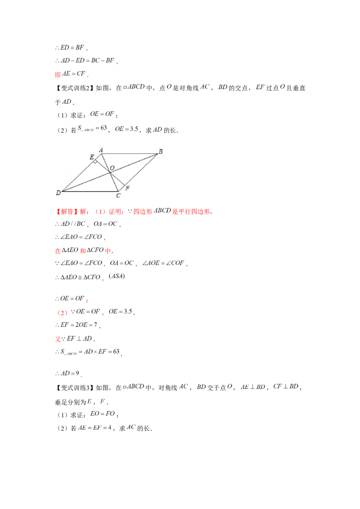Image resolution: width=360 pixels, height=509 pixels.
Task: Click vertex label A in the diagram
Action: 101,150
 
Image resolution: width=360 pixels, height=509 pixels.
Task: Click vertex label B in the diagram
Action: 161,151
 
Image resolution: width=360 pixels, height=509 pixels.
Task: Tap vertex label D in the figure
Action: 58,192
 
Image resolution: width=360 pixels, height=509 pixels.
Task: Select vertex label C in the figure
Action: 118,196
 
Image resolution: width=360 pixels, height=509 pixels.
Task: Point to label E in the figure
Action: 92,157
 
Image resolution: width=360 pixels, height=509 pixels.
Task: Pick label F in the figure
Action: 127,188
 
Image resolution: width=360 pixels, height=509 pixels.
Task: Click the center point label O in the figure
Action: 112,168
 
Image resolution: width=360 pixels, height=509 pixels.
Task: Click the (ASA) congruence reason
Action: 117,276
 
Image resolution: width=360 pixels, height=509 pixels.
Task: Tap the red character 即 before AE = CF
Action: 58,74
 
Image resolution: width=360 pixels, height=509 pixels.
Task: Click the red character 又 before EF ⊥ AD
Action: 58,339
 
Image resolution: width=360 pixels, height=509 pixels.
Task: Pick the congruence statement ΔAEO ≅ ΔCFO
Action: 80,277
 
